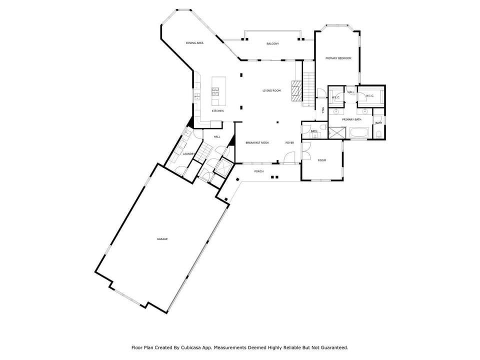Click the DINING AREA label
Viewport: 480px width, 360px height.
(x=194, y=43)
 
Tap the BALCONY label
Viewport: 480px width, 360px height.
(x=273, y=44)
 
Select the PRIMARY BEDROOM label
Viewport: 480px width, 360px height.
(x=338, y=58)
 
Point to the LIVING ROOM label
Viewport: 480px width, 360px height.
(x=271, y=90)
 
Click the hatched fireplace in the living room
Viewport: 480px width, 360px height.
(x=296, y=90)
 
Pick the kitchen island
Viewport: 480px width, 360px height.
(x=219, y=91)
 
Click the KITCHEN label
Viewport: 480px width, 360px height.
(x=217, y=111)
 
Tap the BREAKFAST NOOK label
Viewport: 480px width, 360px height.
(x=257, y=143)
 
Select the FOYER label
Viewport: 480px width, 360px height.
(x=289, y=143)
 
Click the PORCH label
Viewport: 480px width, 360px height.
(x=259, y=171)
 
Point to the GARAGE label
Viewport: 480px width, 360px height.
(x=162, y=239)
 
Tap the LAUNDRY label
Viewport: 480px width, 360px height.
(x=188, y=154)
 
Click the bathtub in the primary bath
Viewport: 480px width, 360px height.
(x=359, y=132)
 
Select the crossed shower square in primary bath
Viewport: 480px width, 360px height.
(x=336, y=132)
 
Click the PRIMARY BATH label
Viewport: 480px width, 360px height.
(x=351, y=119)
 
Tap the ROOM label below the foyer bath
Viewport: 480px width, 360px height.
(x=322, y=160)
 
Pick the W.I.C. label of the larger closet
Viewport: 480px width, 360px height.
(x=370, y=96)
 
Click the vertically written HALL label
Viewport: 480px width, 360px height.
(x=323, y=110)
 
